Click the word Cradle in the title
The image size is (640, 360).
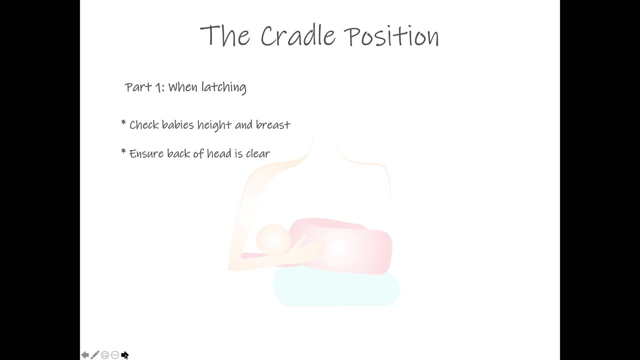click(297, 35)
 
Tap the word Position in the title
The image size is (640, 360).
click(391, 35)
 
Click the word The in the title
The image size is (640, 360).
click(225, 35)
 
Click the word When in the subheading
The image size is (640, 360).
click(182, 87)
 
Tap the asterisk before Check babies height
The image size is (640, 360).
click(123, 123)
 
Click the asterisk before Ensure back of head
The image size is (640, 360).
click(123, 151)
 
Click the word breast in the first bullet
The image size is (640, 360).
click(273, 125)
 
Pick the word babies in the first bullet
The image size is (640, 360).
click(177, 125)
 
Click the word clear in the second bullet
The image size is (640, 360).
click(257, 153)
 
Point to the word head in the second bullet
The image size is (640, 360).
click(219, 153)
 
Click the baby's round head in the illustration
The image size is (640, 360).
click(273, 240)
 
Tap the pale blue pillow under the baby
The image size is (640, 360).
click(336, 289)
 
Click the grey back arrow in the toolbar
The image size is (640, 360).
click(85, 355)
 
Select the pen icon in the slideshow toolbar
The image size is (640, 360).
click(95, 355)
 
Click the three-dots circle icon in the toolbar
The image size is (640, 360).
click(115, 355)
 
